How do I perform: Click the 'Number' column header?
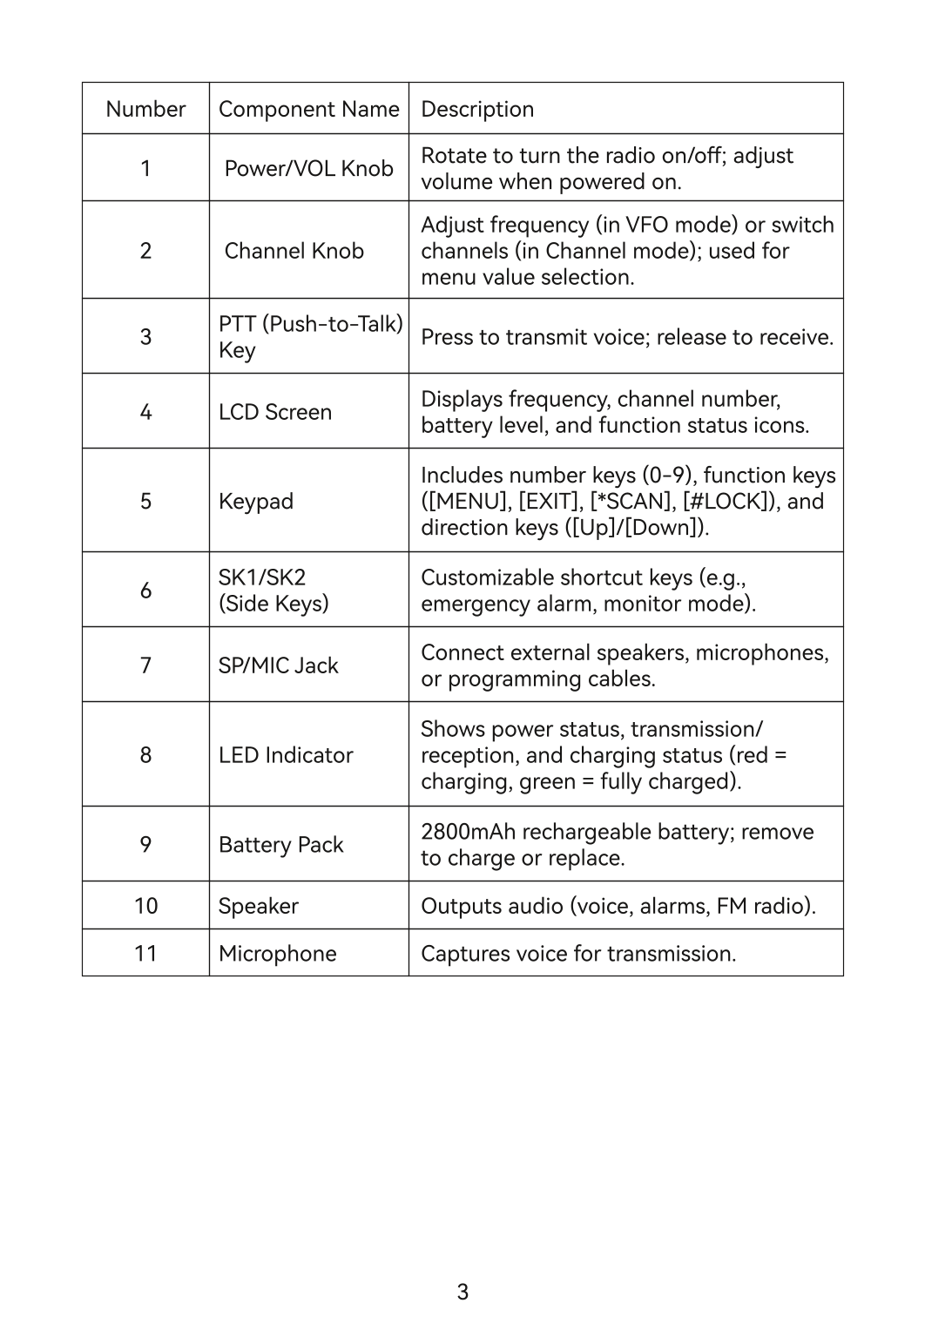145,109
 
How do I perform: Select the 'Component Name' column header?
308,109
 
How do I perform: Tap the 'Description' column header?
477,109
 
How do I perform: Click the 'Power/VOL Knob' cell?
308,168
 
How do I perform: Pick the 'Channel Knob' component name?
294,251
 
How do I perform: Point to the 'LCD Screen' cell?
275,412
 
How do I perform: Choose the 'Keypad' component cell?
256,502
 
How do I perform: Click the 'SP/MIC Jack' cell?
278,665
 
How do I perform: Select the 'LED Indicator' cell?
286,755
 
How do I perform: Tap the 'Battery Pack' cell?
280,845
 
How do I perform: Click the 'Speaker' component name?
259,906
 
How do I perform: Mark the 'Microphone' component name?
277,954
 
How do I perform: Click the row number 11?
145,954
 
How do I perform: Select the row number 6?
145,591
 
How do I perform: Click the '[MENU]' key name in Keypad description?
470,502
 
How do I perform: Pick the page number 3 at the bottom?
462,1292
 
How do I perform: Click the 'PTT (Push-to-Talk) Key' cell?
309,337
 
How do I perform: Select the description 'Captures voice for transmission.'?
578,954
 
